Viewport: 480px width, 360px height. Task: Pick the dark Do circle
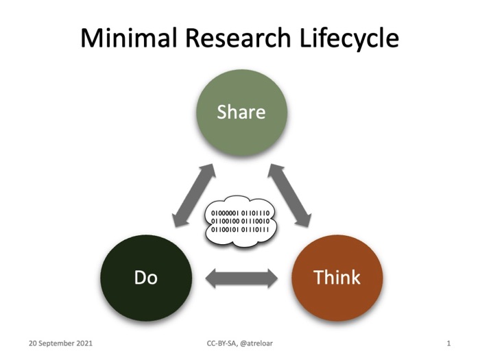click(x=145, y=278)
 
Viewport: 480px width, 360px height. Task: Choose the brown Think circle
click(x=337, y=278)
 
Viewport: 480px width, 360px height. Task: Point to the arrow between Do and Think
click(x=241, y=278)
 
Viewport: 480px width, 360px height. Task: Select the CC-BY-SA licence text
click(x=223, y=342)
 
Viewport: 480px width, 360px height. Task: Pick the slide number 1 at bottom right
click(x=448, y=342)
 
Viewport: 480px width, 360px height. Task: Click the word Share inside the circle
click(x=241, y=111)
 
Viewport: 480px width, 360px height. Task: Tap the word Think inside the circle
click(x=337, y=278)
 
